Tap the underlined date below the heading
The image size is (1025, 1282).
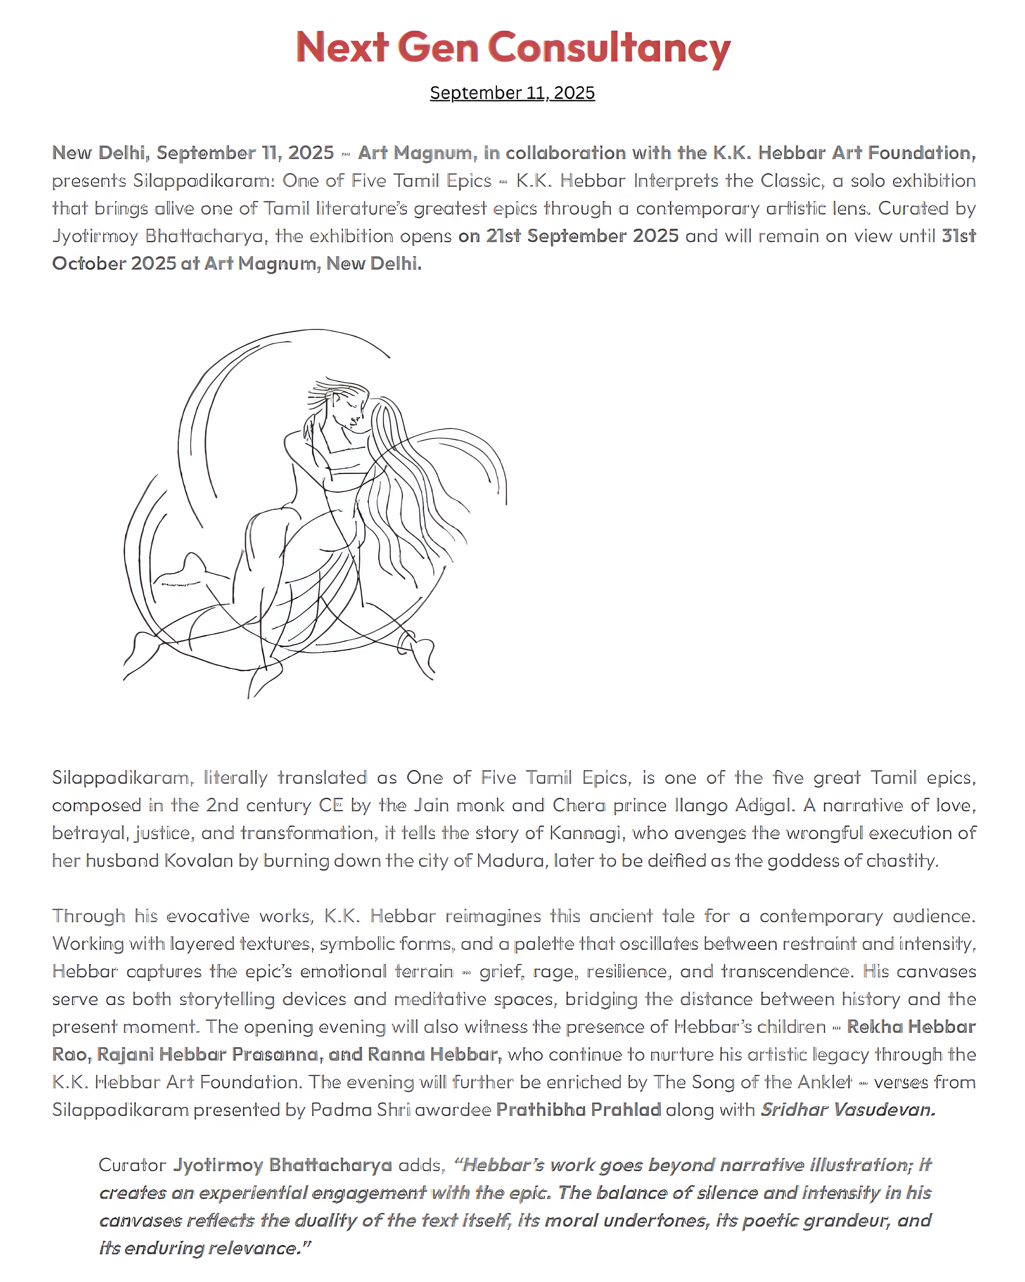(x=512, y=93)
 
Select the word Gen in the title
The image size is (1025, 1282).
(x=438, y=48)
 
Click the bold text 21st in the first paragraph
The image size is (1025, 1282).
(x=503, y=236)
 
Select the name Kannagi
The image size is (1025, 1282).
(x=586, y=833)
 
